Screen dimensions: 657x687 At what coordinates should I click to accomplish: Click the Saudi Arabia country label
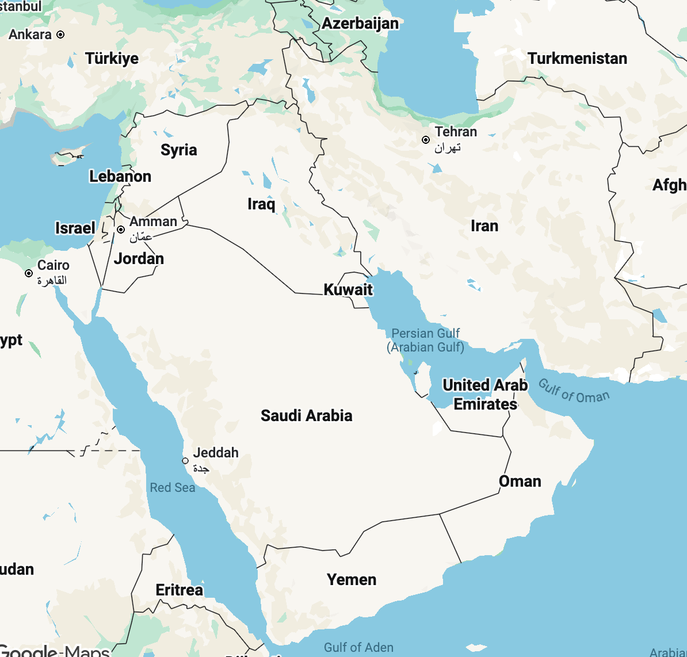306,415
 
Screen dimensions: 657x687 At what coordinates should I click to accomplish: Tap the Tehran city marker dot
426,140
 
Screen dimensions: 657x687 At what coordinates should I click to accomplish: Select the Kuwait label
348,289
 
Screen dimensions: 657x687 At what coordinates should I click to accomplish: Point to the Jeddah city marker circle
185,461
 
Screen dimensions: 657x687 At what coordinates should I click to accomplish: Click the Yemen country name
352,579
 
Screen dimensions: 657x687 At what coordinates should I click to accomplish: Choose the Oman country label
520,481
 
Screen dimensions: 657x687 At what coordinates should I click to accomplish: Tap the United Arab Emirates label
485,394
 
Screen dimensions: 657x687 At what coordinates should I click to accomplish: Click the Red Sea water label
173,488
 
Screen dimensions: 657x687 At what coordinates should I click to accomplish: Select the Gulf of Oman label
574,391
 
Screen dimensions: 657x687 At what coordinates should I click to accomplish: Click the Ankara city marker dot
60,35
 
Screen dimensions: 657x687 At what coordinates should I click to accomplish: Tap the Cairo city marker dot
29,273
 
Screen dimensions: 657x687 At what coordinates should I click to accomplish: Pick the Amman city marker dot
121,230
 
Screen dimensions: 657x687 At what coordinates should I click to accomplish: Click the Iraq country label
261,204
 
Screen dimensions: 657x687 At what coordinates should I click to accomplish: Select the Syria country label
179,150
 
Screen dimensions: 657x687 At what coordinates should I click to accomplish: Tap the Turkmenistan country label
577,59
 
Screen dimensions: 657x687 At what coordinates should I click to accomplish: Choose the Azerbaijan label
360,24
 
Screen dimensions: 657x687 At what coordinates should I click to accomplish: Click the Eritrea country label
180,590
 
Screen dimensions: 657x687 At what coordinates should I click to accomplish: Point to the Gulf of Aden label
358,648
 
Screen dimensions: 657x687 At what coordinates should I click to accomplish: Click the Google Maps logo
55,651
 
